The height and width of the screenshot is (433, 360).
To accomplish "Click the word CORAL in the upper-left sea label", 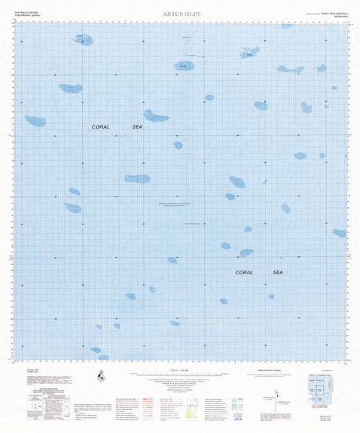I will [x=101, y=127].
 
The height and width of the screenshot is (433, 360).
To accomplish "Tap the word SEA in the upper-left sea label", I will [x=137, y=127].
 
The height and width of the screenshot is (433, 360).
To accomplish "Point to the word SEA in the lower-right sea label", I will [x=278, y=273].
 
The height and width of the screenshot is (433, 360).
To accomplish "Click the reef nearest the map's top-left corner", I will [x=82, y=40].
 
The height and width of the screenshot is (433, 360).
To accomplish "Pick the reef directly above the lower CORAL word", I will [x=246, y=253].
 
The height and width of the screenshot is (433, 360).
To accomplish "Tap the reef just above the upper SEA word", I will [x=156, y=115].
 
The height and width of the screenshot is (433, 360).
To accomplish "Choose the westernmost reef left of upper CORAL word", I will [x=35, y=121].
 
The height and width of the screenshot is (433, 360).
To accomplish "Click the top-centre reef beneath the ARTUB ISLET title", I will [x=184, y=66].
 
